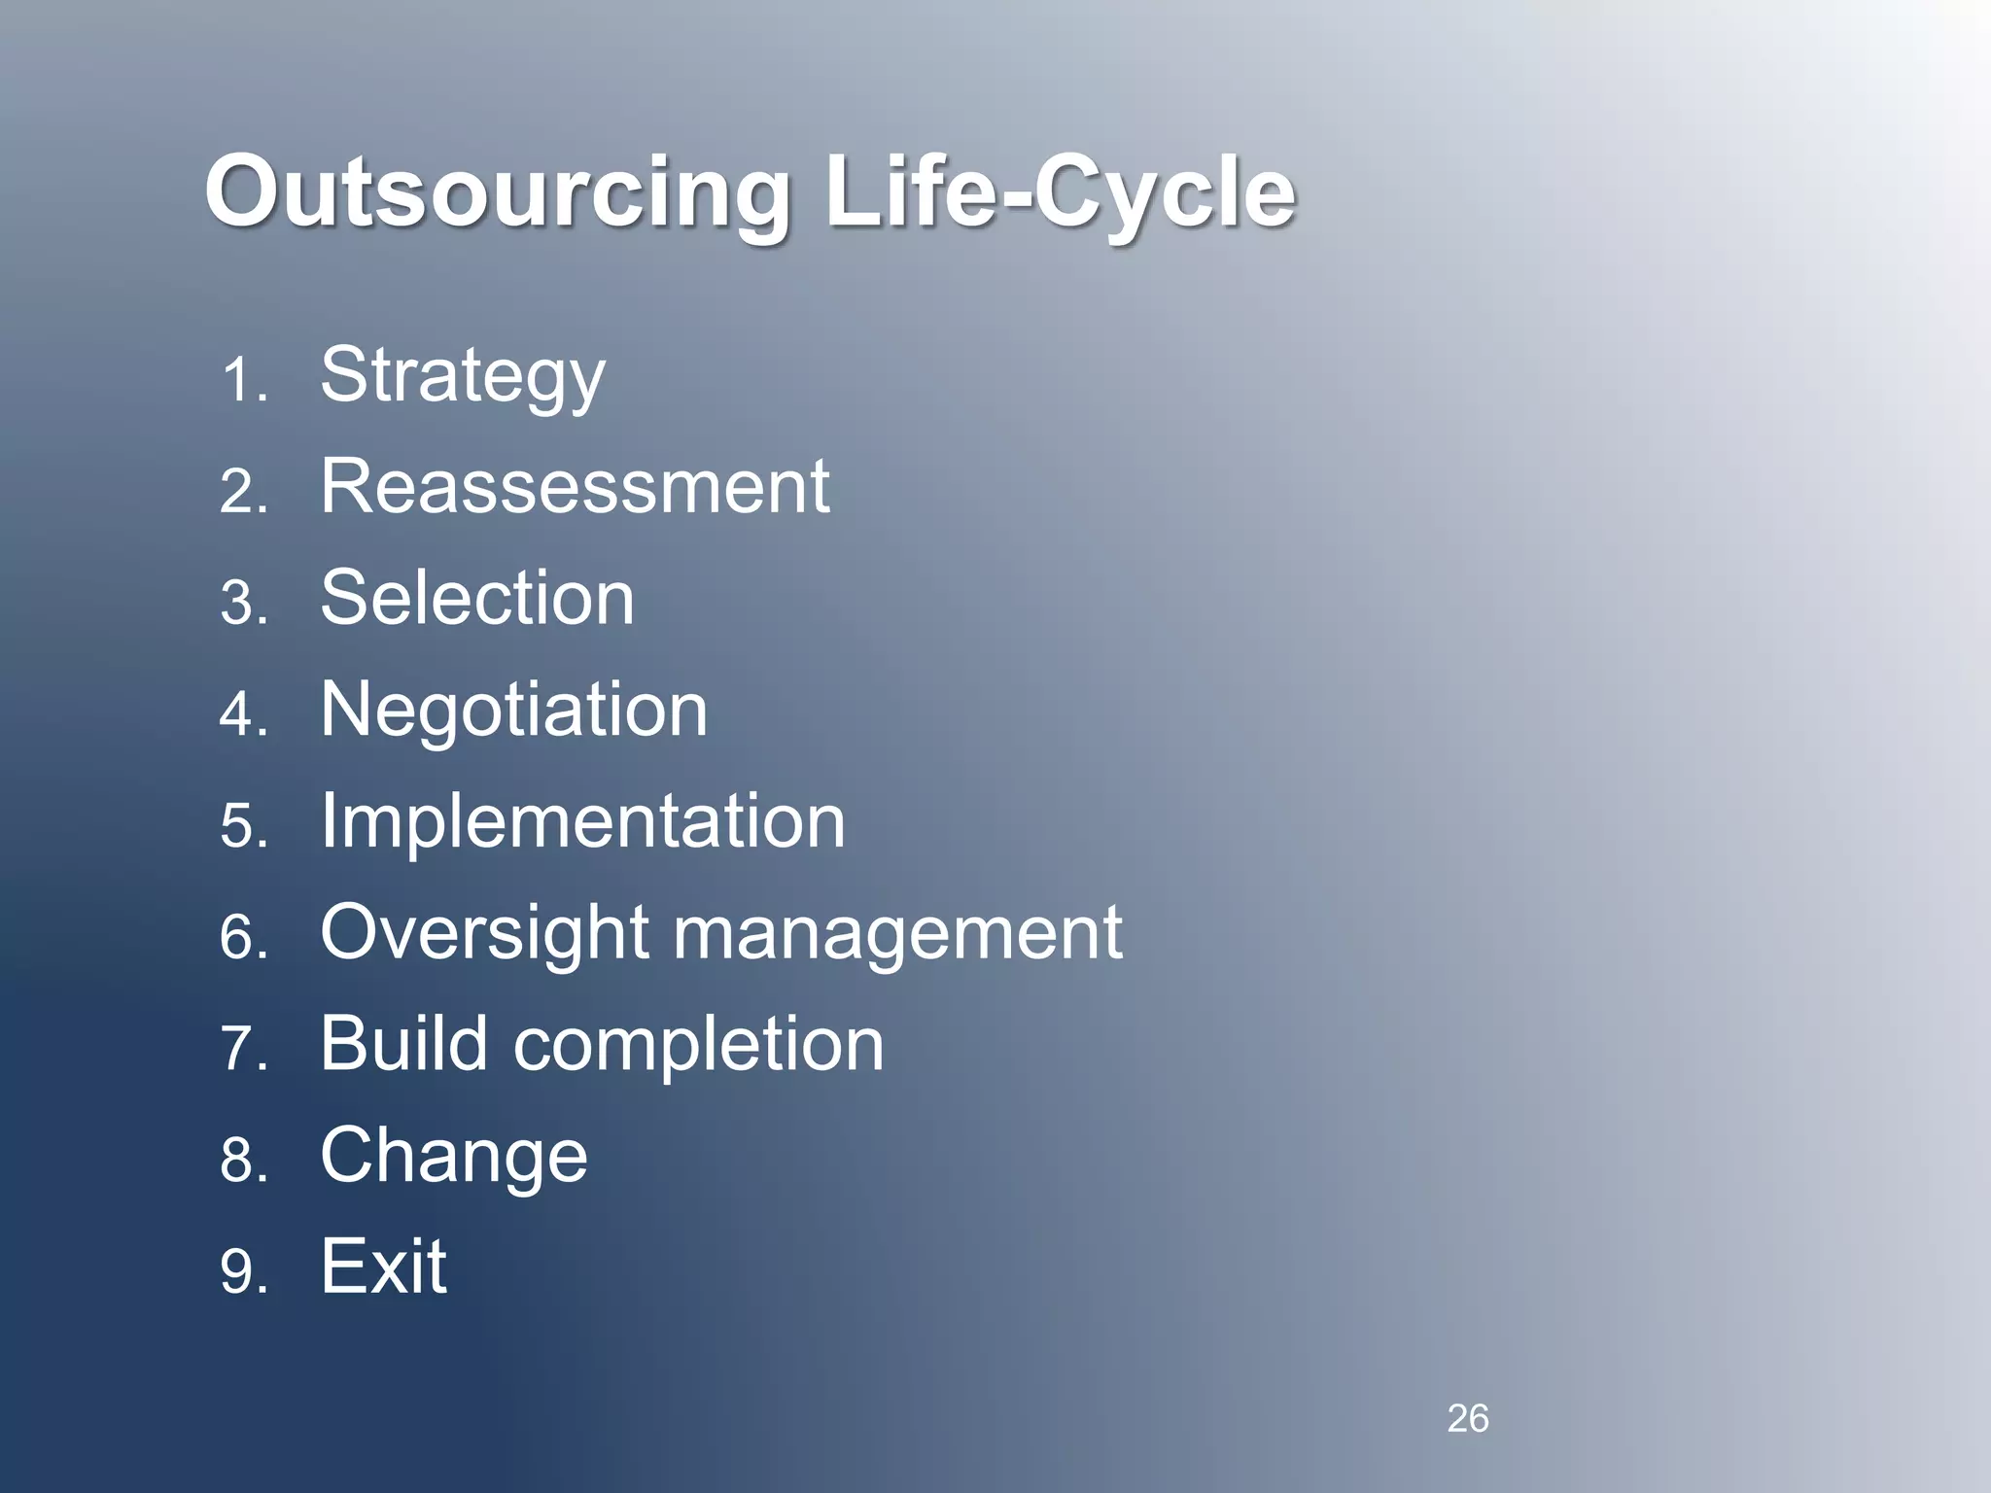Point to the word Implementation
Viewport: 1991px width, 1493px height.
pyautogui.click(x=582, y=821)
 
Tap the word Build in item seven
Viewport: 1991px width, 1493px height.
pyautogui.click(x=403, y=1043)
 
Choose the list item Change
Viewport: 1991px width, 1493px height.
pyautogui.click(x=454, y=1157)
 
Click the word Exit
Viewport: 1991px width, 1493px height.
pyautogui.click(x=384, y=1267)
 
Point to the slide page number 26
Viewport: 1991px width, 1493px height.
pyautogui.click(x=1467, y=1418)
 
